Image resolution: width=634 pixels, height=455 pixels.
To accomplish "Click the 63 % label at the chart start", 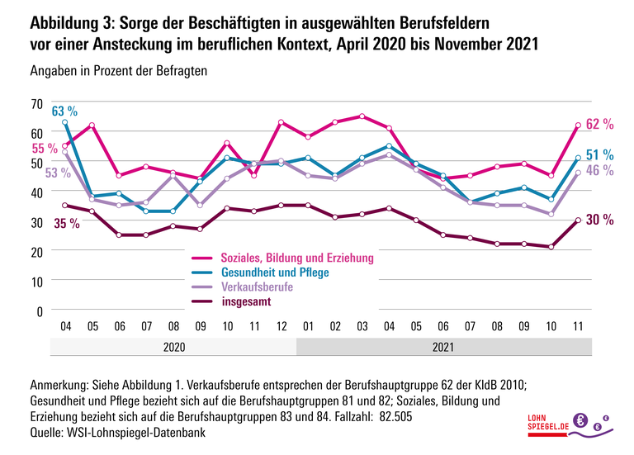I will (64, 111).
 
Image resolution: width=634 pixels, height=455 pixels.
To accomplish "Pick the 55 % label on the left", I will (45, 148).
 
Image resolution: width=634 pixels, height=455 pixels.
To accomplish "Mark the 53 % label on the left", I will (45, 173).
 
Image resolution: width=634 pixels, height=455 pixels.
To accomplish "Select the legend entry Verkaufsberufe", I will (257, 287).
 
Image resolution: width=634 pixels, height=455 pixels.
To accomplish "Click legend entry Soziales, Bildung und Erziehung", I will (297, 258).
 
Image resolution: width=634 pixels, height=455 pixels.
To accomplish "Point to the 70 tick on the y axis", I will (35, 103).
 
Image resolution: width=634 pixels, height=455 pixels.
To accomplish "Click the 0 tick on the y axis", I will (39, 310).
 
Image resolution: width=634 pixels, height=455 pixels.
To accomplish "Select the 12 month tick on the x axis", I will (282, 326).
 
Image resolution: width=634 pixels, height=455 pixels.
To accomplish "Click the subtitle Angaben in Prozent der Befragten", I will (118, 71).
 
